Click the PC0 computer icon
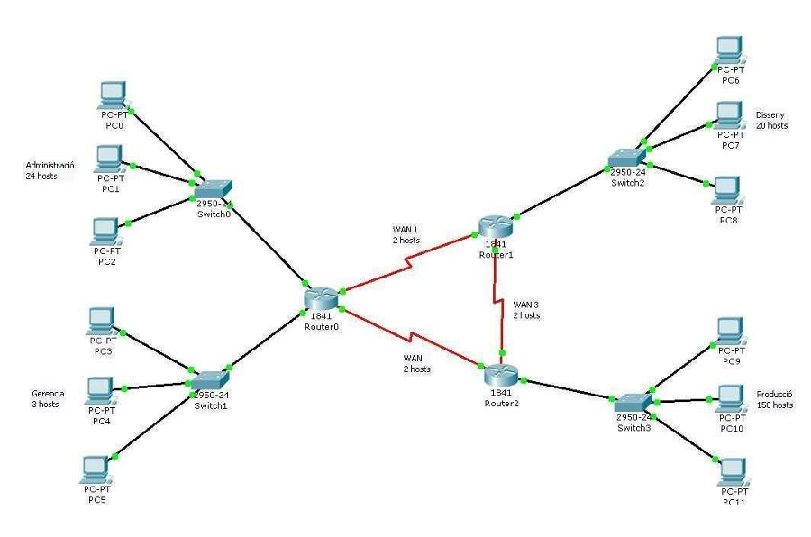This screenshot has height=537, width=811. [x=112, y=94]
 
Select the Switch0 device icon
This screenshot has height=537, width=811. [x=213, y=188]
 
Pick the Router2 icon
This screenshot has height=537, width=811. [x=500, y=376]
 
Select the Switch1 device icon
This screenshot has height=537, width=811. [x=211, y=381]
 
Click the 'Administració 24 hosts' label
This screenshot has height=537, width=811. [x=50, y=171]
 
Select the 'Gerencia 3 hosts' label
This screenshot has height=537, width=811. [x=47, y=399]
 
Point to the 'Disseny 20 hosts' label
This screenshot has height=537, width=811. [x=771, y=120]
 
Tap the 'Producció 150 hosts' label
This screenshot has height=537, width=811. [x=774, y=399]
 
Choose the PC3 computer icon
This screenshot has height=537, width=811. [x=101, y=320]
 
